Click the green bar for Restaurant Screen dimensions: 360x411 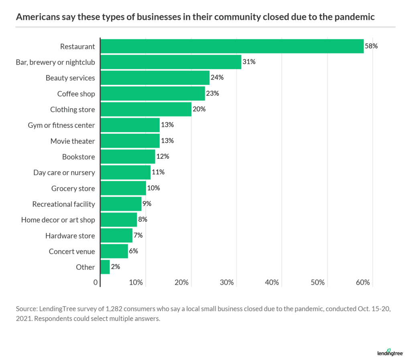pos(232,46)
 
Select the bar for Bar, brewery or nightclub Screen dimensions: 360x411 pos(171,62)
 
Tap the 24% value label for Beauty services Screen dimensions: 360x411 pos(217,78)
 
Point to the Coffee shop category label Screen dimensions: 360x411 pos(76,94)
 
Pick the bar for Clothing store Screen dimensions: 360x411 pos(146,109)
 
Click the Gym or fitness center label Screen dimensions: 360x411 pos(61,125)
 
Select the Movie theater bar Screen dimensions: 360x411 pos(130,141)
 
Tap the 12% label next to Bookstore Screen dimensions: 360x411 pos(163,157)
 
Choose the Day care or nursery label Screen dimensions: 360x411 pos(64,172)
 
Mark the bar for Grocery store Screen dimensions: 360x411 pos(123,188)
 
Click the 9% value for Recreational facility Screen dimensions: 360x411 pos(146,204)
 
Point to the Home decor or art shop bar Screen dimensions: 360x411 pos(118,220)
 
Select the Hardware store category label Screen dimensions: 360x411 pos(70,235)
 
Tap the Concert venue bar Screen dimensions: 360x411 pos(114,251)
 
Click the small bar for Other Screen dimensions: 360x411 pos(105,267)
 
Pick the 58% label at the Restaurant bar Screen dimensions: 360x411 pos(371,46)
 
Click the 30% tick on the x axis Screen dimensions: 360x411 pos(227,282)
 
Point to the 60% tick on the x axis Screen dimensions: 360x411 pos(363,282)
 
